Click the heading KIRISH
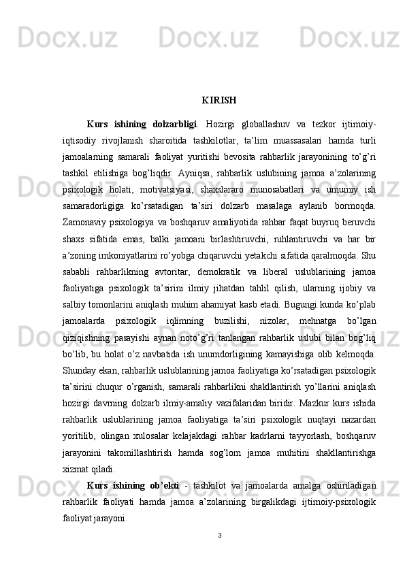click(x=219, y=101)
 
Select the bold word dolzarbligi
click(x=175, y=125)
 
